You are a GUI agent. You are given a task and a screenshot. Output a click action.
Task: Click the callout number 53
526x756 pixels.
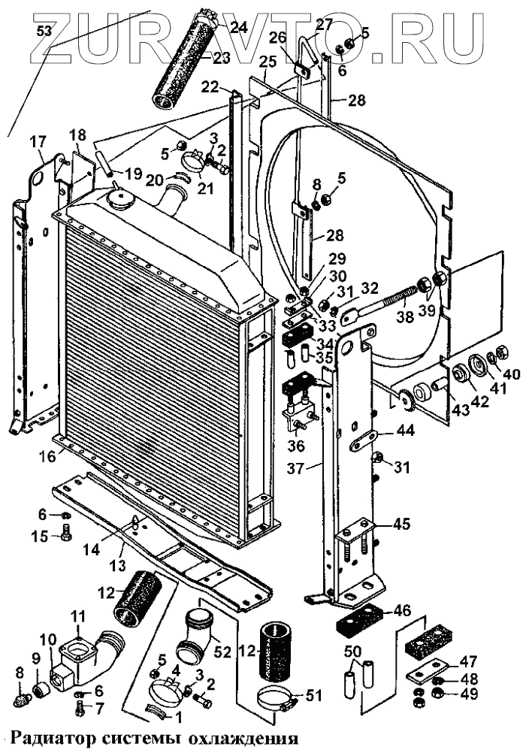44,30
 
